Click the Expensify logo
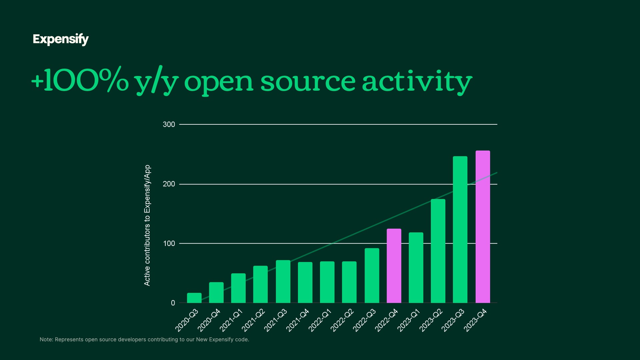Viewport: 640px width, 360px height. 61,39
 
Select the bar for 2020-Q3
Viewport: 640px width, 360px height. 194,298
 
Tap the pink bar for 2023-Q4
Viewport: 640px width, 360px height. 483,227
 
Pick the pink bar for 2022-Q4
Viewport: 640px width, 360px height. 394,266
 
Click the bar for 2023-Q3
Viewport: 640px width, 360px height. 460,229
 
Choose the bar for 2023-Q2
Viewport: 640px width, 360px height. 438,251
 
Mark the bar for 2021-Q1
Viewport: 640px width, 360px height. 238,288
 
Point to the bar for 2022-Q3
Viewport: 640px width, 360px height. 372,275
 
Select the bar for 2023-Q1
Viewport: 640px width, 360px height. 416,268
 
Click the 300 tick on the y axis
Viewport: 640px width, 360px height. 169,124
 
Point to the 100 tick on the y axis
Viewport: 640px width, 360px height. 169,244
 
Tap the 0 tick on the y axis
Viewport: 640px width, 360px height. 173,303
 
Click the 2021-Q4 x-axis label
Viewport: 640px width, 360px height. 298,320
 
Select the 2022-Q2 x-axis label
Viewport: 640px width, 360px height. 342,320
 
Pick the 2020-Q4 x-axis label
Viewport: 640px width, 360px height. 209,320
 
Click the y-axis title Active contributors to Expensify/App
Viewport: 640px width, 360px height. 147,225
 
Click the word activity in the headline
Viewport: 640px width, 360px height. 417,82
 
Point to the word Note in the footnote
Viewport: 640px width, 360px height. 46,340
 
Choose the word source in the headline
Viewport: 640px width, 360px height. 308,82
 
